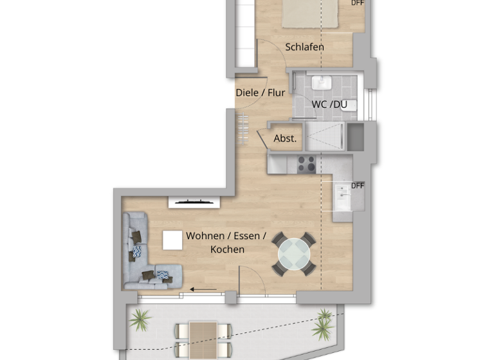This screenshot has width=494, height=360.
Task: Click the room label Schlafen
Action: pos(304,47)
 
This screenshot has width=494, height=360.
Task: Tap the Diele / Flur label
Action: pos(260,93)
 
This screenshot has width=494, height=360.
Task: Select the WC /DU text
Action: pos(329,104)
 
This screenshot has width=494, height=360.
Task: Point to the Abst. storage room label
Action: pos(285,138)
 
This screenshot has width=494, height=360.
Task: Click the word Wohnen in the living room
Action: pos(205,236)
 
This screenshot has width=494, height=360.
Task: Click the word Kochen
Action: pos(227,249)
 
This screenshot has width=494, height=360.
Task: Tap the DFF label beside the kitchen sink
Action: pos(358,186)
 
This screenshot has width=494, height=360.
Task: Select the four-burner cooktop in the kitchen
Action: pos(307,164)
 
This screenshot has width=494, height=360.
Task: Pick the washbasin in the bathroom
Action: pos(320,83)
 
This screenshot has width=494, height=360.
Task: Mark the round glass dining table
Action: pos(294,255)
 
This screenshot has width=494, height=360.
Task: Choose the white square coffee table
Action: pos(172,240)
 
